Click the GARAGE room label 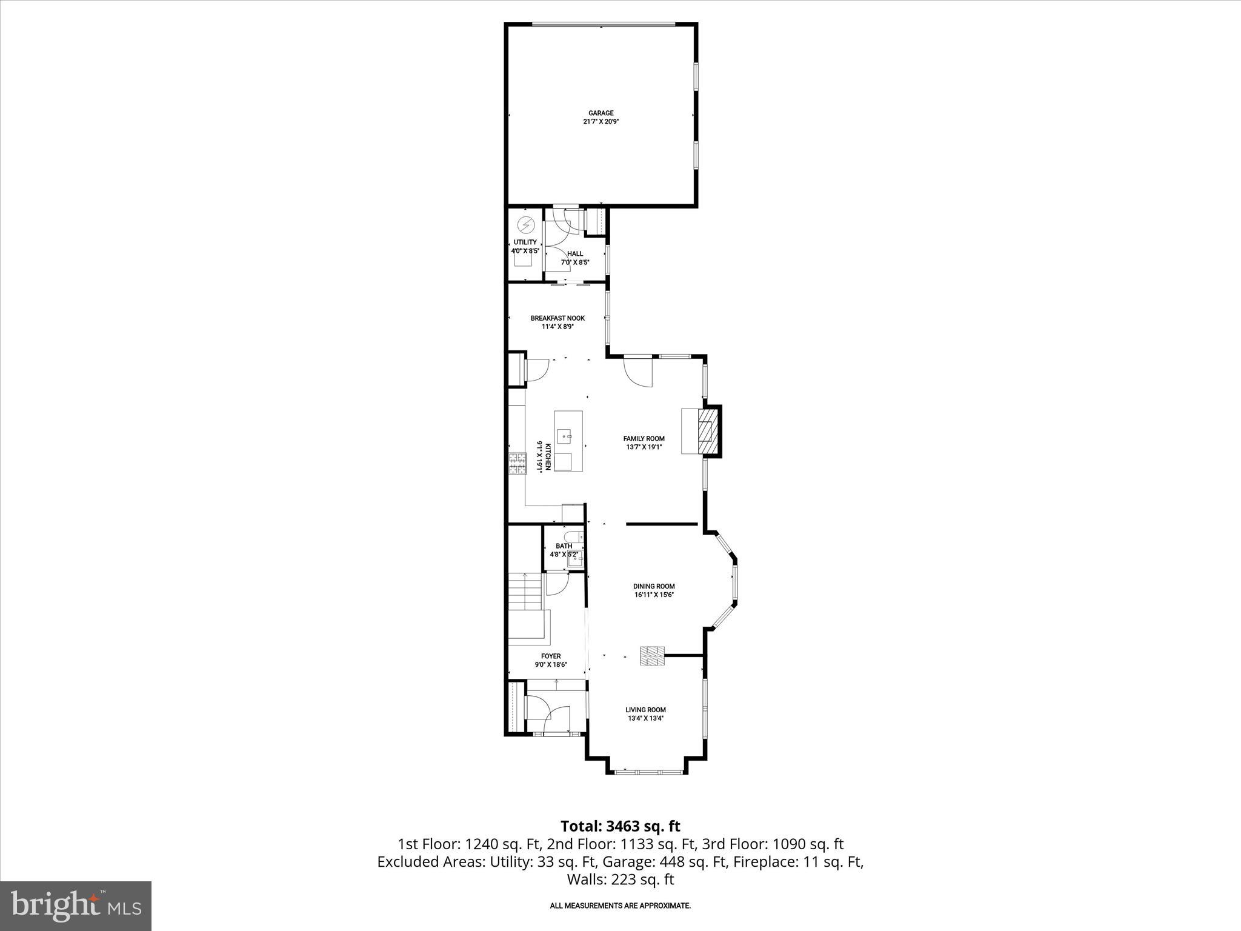pyautogui.click(x=601, y=113)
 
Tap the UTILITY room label pyautogui.click(x=525, y=242)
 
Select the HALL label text pyautogui.click(x=575, y=254)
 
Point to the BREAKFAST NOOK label pyautogui.click(x=557, y=318)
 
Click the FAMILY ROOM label pyautogui.click(x=644, y=439)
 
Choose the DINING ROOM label pyautogui.click(x=654, y=586)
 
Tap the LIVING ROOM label pyautogui.click(x=645, y=710)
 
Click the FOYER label pyautogui.click(x=551, y=656)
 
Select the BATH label pyautogui.click(x=564, y=546)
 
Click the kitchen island pyautogui.click(x=568, y=441)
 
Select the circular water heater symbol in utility pyautogui.click(x=525, y=225)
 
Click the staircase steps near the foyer pyautogui.click(x=525, y=592)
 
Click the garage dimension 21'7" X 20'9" pyautogui.click(x=601, y=121)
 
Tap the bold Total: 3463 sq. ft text pyautogui.click(x=620, y=826)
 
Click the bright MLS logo pyautogui.click(x=76, y=906)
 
